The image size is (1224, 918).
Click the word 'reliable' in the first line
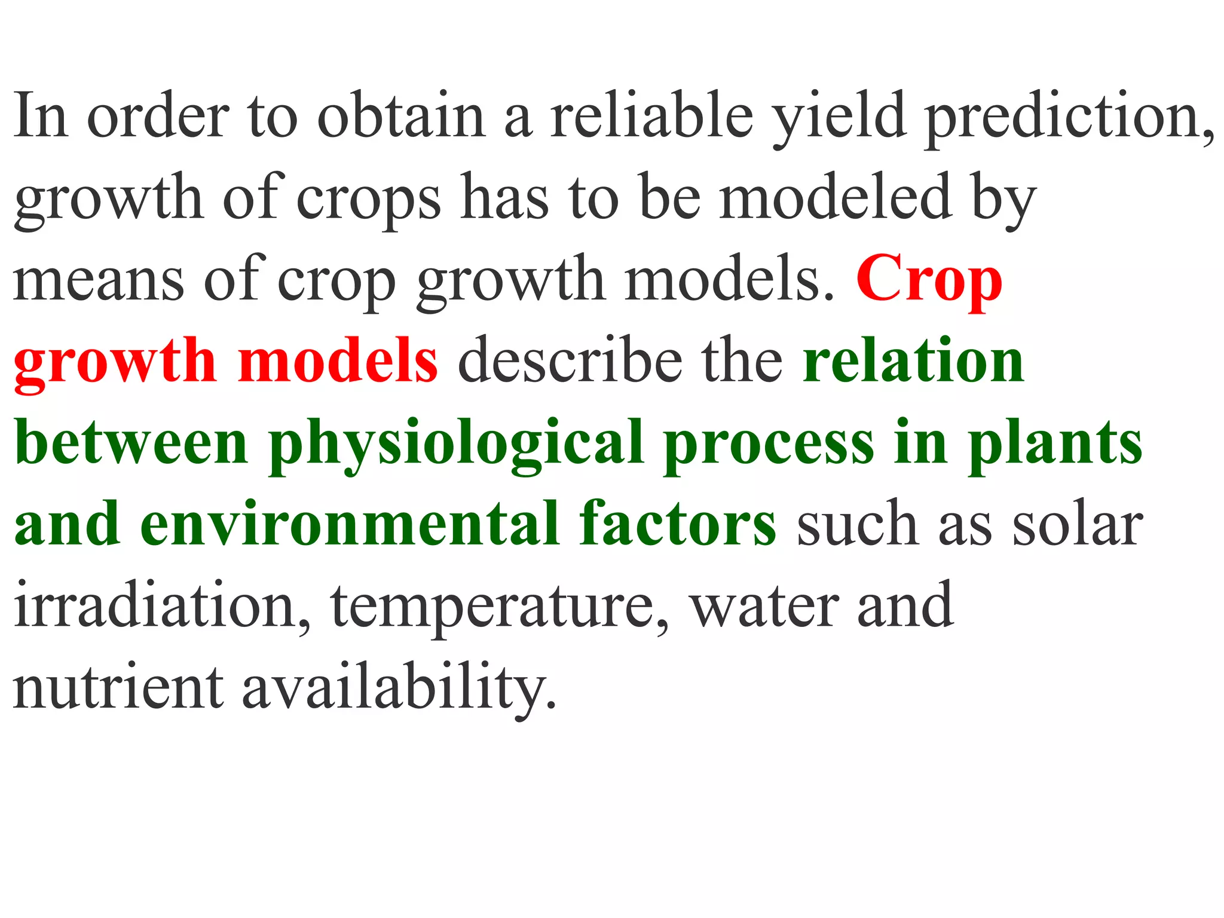pos(651,115)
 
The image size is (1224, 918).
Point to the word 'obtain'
pos(400,115)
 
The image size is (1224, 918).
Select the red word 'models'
pos(338,361)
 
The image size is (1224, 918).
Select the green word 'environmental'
pos(350,524)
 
